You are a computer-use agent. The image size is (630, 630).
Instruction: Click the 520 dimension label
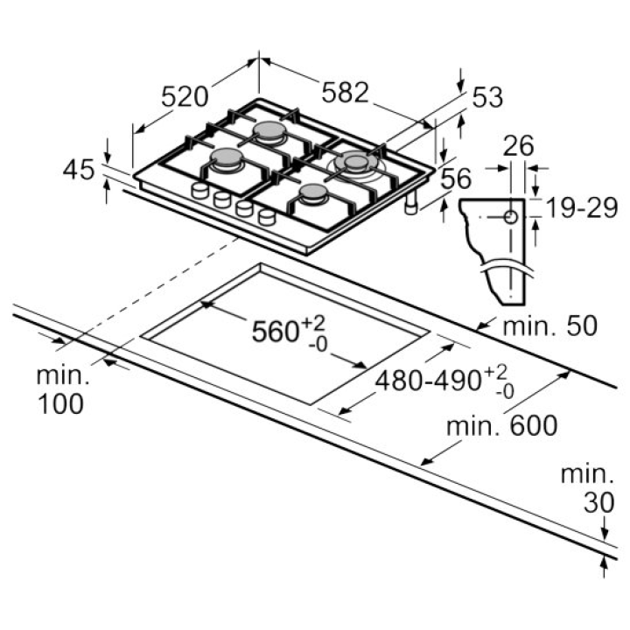185,97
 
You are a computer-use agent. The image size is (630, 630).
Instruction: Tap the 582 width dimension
345,93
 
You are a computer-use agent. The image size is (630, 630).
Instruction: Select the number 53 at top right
487,97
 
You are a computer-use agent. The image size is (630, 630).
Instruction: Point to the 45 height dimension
79,169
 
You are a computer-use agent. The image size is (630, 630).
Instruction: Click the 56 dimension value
456,178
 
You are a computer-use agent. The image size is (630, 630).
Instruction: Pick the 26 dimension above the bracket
518,145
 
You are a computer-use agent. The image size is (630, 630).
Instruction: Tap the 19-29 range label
582,208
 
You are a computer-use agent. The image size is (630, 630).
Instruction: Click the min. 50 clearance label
550,325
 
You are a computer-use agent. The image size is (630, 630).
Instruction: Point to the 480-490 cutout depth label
428,381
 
